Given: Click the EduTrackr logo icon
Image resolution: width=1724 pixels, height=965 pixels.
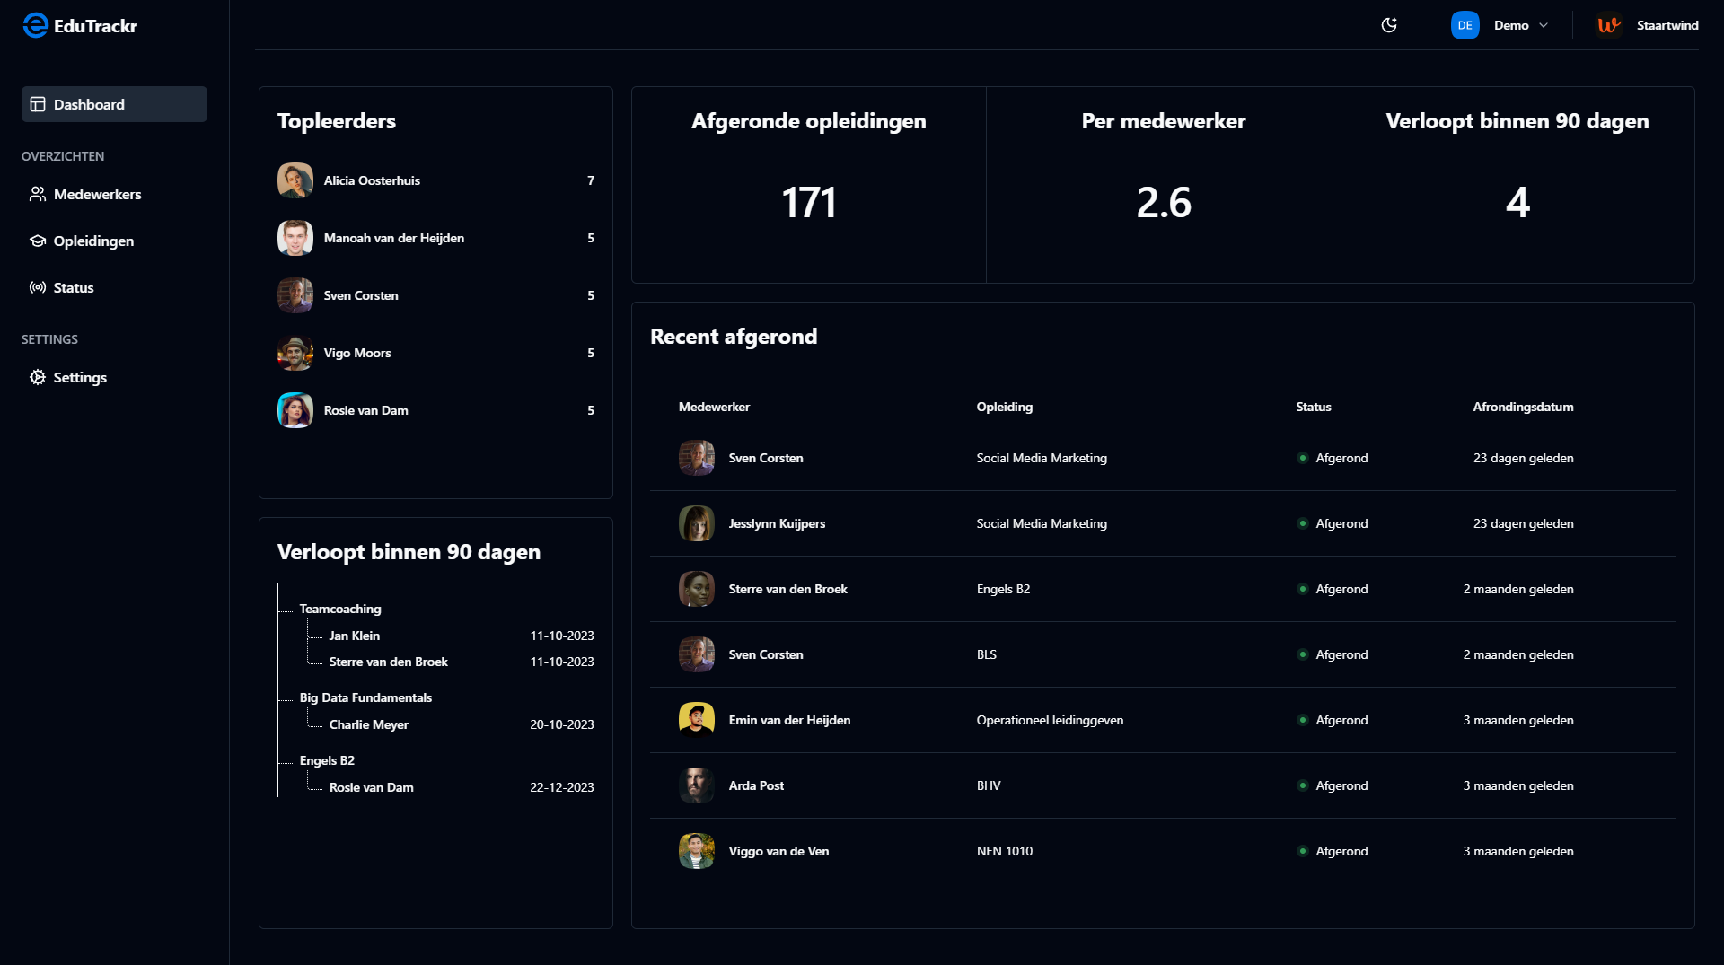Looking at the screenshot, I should click(x=35, y=25).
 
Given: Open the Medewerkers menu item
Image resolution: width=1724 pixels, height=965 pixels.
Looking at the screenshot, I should click(x=97, y=194).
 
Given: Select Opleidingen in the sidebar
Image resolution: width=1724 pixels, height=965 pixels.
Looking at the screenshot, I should click(x=93, y=241).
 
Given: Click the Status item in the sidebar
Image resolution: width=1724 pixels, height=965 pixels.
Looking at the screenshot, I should click(x=73, y=287).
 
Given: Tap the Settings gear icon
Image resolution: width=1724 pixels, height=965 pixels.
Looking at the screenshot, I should click(x=38, y=377).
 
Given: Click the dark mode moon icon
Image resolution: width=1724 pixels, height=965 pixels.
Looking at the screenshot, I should click(x=1389, y=25).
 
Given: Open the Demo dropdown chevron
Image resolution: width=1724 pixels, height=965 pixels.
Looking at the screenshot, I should click(x=1544, y=25).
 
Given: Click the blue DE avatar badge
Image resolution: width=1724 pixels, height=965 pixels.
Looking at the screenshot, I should click(x=1465, y=25).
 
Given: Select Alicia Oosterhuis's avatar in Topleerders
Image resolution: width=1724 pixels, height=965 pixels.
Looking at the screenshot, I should click(x=295, y=180).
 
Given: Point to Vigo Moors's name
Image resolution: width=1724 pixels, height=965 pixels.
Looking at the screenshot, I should click(x=357, y=353).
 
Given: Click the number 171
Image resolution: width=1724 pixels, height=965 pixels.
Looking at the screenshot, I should click(x=808, y=203).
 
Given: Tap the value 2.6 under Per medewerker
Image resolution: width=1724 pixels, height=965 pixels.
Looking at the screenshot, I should click(x=1164, y=203).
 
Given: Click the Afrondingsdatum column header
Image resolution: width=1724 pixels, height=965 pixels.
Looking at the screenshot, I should click(x=1523, y=407).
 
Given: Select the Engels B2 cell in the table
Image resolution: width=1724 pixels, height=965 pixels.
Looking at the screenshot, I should click(x=1003, y=589).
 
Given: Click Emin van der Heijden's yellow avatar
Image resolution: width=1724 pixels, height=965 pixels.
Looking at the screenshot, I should click(x=696, y=720).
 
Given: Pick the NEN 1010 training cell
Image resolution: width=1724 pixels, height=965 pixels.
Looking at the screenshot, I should click(x=1005, y=851).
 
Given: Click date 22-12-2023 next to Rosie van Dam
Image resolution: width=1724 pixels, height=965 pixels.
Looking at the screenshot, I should click(x=561, y=787).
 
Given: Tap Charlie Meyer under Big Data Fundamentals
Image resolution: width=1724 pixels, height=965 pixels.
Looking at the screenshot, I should click(x=368, y=724).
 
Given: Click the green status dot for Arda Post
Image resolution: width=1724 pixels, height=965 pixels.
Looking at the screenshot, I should click(x=1302, y=785).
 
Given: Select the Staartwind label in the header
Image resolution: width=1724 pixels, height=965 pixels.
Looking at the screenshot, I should click(x=1667, y=25).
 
